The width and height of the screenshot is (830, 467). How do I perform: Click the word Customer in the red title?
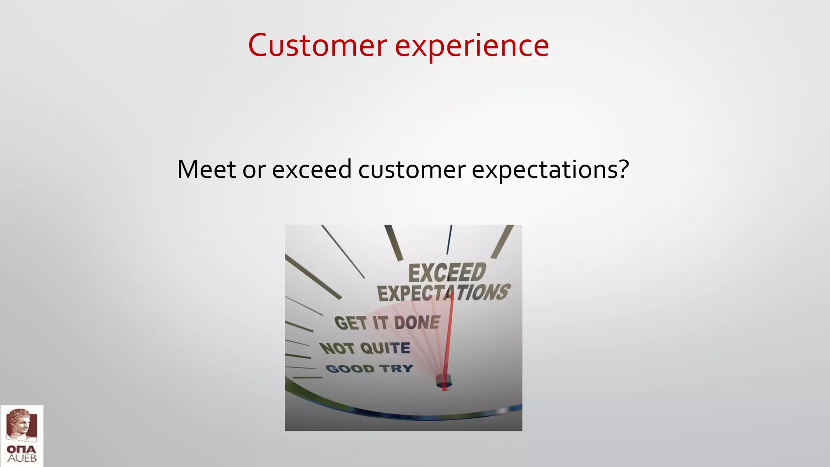pyautogui.click(x=317, y=45)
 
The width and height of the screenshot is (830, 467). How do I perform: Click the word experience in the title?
pyautogui.click(x=472, y=46)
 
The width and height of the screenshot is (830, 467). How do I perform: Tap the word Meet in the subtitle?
pyautogui.click(x=206, y=169)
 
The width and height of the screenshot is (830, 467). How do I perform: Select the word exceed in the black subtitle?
pyautogui.click(x=311, y=169)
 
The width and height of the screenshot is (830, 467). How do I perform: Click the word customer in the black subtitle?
pyautogui.click(x=411, y=169)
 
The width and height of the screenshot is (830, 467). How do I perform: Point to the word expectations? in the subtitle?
pyautogui.click(x=550, y=170)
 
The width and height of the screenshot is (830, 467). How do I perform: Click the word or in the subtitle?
pyautogui.click(x=254, y=170)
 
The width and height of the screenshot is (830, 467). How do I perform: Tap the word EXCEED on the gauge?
pyautogui.click(x=447, y=272)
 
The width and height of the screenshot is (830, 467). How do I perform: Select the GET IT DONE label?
pyautogui.click(x=387, y=323)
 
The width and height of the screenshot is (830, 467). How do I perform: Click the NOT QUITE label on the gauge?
pyautogui.click(x=365, y=348)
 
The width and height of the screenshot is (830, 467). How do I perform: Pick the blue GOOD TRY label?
pyautogui.click(x=369, y=368)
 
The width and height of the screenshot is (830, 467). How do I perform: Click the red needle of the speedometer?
pyautogui.click(x=449, y=341)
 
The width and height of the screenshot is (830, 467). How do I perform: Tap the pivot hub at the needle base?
pyautogui.click(x=443, y=382)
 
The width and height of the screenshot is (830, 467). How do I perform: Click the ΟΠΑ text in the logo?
pyautogui.click(x=21, y=449)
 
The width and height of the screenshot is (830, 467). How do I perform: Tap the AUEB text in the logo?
pyautogui.click(x=22, y=458)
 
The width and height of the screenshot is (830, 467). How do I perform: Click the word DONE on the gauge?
pyautogui.click(x=417, y=323)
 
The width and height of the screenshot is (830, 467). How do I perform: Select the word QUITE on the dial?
pyautogui.click(x=385, y=348)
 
